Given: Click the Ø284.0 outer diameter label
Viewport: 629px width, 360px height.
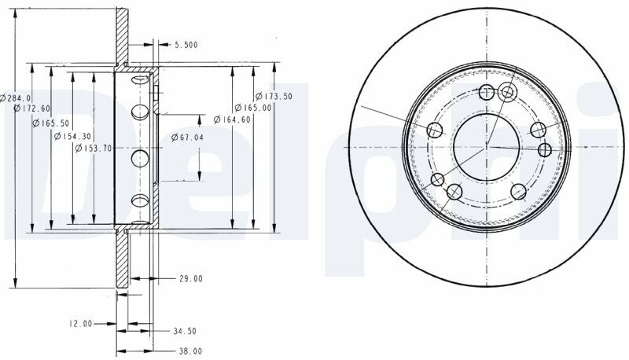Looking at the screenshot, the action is pos(16,97).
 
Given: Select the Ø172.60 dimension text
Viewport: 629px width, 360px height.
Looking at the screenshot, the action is pos(31,108).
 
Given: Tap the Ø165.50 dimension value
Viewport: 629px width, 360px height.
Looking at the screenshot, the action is pos(51,123).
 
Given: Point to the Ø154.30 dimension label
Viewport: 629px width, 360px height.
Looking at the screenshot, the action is pos(72,136).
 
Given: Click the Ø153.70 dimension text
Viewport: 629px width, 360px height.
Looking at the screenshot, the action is pos(94,148).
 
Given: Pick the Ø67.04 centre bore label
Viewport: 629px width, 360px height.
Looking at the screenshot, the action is pos(187,138).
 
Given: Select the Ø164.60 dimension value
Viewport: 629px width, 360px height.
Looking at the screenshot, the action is pos(232,119).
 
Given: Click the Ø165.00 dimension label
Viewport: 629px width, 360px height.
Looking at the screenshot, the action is pos(253,108).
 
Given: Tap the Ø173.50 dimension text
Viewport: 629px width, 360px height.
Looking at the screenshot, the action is pos(274,96).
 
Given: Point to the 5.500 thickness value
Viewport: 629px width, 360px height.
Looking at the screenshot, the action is pos(186,45).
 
